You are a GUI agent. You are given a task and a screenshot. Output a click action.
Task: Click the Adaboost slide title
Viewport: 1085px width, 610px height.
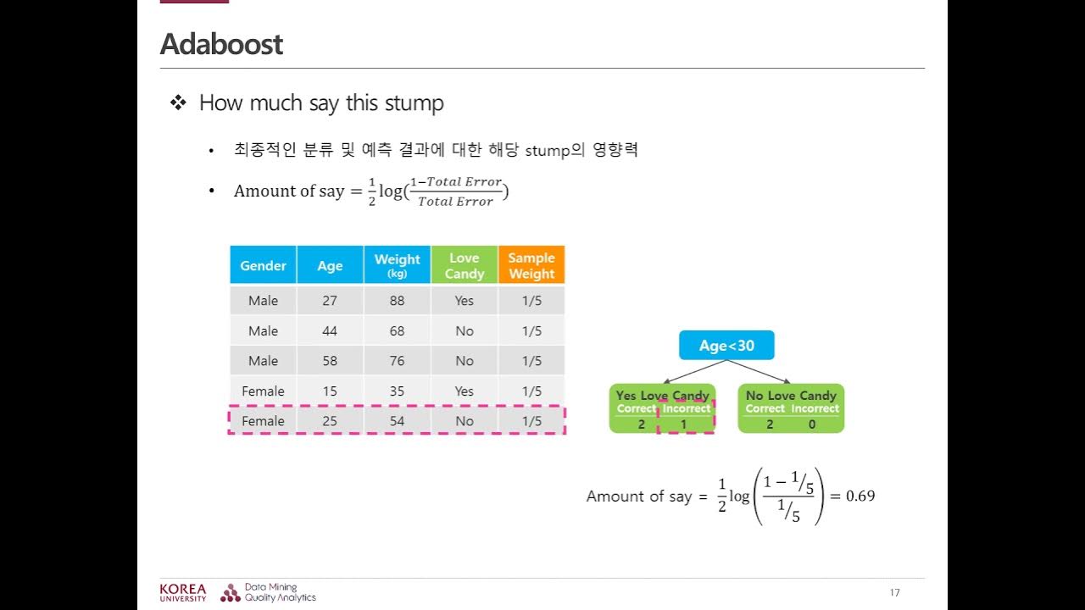[221, 44]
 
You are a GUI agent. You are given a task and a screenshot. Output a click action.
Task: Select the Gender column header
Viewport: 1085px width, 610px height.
[263, 265]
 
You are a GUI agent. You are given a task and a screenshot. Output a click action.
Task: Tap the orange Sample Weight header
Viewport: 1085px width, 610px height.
[531, 265]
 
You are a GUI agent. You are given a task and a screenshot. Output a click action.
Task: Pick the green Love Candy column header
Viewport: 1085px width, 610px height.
[464, 265]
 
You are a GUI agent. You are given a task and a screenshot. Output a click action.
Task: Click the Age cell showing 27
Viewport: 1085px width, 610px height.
[330, 301]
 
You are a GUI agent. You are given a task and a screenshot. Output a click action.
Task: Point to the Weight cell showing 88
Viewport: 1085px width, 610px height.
[397, 301]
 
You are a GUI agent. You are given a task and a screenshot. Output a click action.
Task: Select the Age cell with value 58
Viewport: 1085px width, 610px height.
[330, 361]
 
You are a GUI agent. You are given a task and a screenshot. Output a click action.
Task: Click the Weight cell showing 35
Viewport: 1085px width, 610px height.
[397, 391]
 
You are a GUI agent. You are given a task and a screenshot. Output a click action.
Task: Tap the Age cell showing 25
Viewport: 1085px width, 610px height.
[330, 421]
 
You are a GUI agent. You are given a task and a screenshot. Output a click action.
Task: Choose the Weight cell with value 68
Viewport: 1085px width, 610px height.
[397, 331]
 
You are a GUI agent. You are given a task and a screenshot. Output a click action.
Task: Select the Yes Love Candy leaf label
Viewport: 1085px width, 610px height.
[662, 396]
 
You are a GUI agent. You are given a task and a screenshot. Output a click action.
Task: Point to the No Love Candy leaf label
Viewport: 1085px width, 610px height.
[791, 396]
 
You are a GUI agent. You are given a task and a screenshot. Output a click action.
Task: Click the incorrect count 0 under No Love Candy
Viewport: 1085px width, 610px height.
[812, 424]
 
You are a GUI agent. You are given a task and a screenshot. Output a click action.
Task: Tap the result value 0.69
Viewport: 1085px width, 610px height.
[860, 496]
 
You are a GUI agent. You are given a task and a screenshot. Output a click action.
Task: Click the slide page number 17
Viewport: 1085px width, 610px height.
[895, 592]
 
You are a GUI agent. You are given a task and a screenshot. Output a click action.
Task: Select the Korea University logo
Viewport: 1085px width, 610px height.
[182, 592]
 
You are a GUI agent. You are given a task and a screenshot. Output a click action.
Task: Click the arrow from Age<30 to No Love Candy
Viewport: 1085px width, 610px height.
[759, 372]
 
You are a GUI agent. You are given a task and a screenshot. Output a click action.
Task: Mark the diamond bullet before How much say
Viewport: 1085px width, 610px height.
[178, 103]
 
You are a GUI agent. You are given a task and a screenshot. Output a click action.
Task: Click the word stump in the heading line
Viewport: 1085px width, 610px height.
[415, 103]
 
